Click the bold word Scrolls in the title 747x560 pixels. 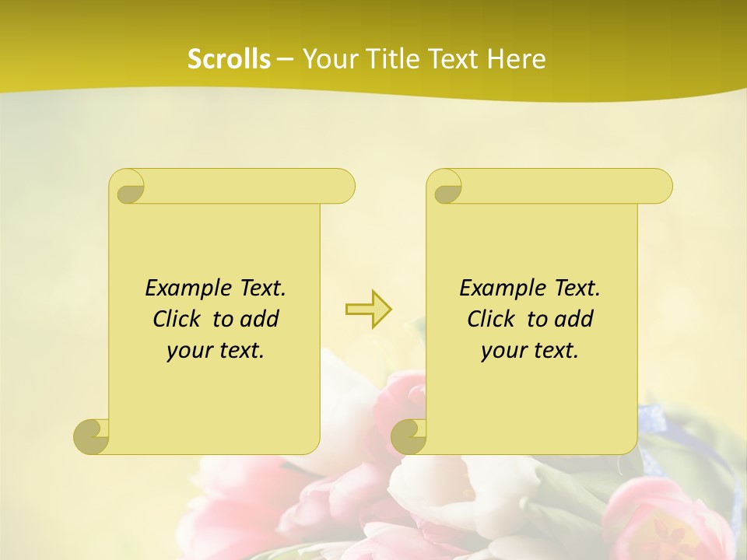point(229,59)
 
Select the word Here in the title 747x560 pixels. point(516,59)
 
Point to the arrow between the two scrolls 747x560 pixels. point(368,309)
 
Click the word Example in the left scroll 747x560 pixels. point(186,289)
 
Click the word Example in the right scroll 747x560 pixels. point(500,289)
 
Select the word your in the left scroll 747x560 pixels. point(188,351)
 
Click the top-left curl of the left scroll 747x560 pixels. point(128,187)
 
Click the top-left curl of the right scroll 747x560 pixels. point(446,187)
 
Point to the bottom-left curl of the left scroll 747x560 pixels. point(91,436)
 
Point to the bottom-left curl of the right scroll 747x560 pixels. point(409,436)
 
